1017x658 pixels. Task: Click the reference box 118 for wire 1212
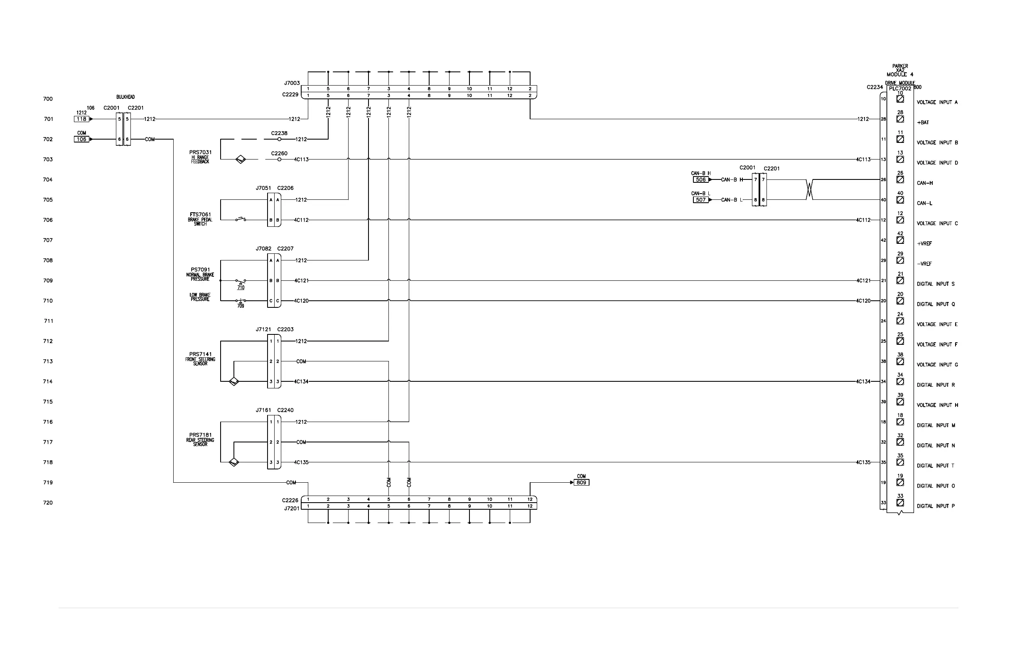coord(81,119)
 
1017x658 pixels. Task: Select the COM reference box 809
coord(581,482)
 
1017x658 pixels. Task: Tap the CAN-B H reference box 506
coord(701,180)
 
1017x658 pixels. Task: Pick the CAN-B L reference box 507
coord(701,200)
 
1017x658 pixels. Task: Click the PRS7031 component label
coord(200,152)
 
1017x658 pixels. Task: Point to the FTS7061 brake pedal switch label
coord(200,215)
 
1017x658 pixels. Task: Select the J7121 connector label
coord(263,329)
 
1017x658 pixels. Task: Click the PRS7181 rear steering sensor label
coord(200,435)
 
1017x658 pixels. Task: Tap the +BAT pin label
coord(923,123)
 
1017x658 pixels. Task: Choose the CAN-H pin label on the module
coord(925,183)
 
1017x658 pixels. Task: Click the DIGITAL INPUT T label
coord(936,466)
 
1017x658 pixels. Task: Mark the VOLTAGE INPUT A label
coord(937,103)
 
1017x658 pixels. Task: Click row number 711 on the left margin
coord(49,321)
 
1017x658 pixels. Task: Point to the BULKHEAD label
coord(125,97)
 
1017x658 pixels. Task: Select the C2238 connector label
coord(279,133)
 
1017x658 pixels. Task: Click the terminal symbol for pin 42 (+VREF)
coord(900,240)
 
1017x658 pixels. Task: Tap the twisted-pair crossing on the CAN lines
coord(809,190)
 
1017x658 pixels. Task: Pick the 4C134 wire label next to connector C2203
coord(301,382)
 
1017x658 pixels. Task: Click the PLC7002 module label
coord(900,88)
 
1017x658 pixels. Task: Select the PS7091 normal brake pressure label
coord(200,270)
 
